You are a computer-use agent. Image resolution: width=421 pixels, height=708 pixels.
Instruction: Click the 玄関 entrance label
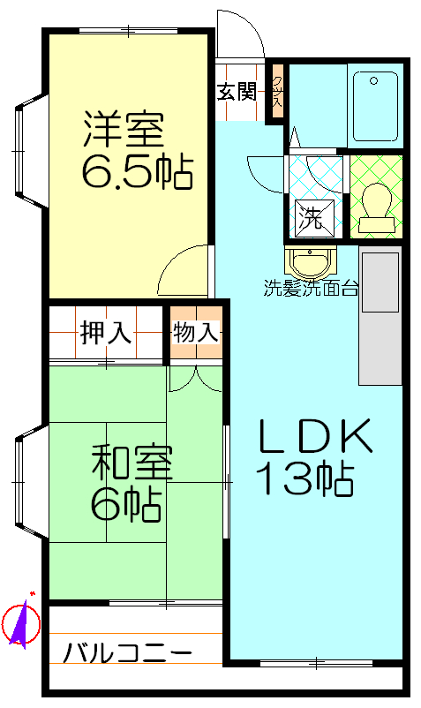pos(237,92)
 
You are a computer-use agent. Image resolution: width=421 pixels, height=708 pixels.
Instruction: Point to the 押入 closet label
pos(106,333)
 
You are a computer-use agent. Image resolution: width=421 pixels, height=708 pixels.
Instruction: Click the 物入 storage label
pos(194,333)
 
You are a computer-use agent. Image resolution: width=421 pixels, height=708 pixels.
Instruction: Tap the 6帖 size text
pos(124,503)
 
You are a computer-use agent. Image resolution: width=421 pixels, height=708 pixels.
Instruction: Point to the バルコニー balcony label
pos(128,654)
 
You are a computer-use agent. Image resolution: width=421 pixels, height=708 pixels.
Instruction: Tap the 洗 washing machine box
pos(311,216)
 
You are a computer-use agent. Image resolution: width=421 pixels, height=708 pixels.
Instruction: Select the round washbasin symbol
pos(310,262)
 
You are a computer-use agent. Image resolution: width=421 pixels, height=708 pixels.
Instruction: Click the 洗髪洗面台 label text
pos(310,287)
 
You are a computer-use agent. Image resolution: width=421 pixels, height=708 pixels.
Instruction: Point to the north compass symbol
pos(22,623)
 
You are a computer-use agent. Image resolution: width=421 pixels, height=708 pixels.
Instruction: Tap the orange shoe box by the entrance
pos(277,92)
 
